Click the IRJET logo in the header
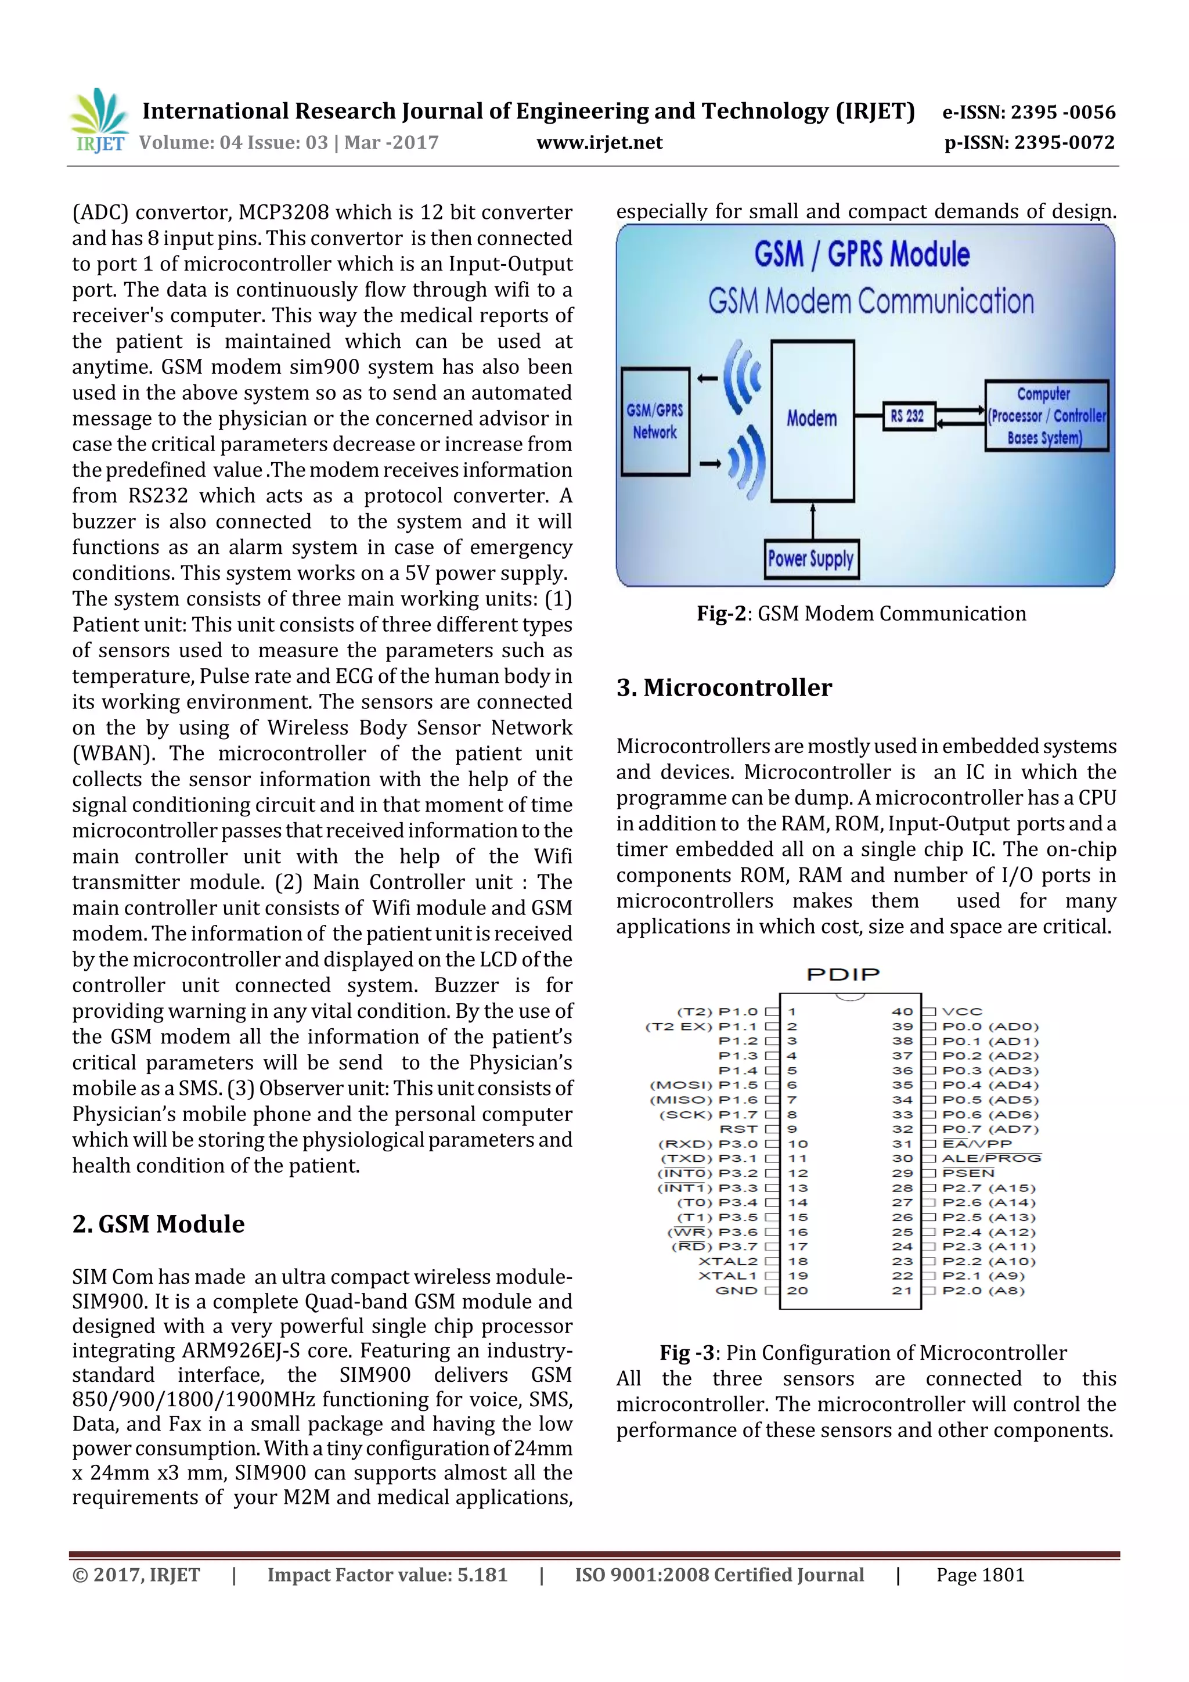99,121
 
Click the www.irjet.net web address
599,143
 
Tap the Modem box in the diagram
812,420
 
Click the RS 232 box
907,416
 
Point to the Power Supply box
810,560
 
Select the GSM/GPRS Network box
655,422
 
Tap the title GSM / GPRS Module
862,255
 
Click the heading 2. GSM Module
158,1224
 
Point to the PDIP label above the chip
842,974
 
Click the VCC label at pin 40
961,1011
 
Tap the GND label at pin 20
736,1291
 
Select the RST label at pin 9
738,1129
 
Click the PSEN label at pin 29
968,1173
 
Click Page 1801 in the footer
979,1575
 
